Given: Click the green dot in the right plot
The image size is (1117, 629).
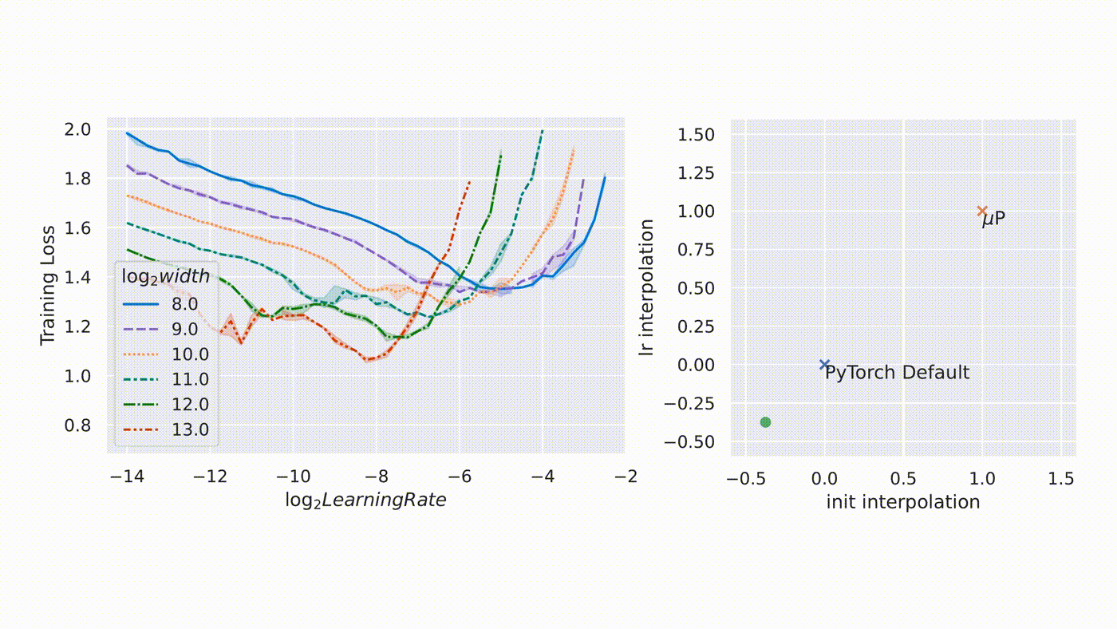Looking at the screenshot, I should [x=765, y=422].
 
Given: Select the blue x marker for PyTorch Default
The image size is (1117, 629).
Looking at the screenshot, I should [x=824, y=365].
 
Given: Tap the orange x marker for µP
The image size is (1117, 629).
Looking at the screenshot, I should [x=982, y=211].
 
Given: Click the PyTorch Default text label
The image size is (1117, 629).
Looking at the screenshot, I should [x=898, y=373].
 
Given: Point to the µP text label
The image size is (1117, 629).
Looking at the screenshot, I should [x=994, y=219].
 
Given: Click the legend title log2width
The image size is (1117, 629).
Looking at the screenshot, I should [x=165, y=277].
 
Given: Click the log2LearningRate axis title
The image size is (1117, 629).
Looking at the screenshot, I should [x=365, y=500].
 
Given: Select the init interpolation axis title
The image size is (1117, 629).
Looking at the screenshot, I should [x=902, y=502].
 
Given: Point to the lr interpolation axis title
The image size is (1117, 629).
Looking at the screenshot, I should [x=647, y=287].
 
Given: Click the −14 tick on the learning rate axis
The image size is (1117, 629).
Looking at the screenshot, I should [x=127, y=477].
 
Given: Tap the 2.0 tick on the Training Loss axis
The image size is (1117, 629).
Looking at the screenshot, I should [x=78, y=129].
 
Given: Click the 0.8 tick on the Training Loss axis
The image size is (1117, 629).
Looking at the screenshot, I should [x=78, y=425].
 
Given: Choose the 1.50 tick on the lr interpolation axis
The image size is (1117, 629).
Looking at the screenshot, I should [x=696, y=134].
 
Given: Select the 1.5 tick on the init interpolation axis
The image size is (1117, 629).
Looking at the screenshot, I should [x=1060, y=479].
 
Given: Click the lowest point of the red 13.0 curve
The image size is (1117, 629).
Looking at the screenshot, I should [x=369, y=360].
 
